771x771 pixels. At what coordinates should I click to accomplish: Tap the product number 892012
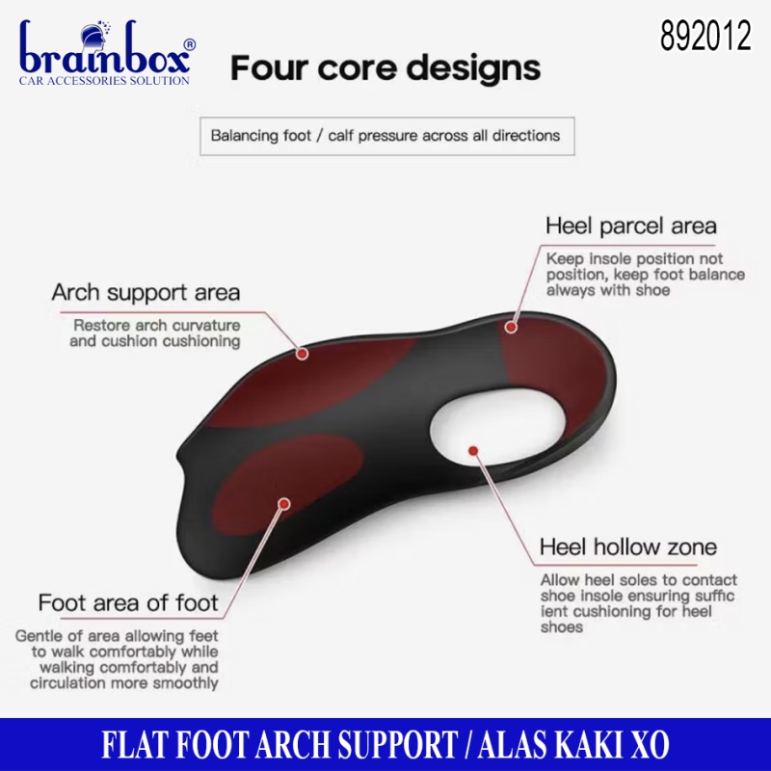705,36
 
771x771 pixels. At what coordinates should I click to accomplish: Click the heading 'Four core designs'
385,67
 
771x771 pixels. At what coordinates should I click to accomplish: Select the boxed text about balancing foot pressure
387,136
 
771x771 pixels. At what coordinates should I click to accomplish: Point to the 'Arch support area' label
146,292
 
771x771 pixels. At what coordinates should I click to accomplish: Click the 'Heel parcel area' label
631,226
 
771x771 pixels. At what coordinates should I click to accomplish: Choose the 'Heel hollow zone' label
628,546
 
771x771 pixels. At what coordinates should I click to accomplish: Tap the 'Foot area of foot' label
128,603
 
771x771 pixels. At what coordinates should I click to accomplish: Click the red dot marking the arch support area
303,354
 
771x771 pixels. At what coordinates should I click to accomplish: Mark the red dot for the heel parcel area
512,327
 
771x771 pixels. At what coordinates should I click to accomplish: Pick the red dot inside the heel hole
473,450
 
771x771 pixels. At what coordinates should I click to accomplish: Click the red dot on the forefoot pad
284,503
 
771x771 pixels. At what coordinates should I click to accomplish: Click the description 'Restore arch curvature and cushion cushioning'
155,332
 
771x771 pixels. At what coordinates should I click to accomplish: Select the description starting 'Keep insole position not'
645,275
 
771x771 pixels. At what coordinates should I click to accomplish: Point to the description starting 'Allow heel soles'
638,603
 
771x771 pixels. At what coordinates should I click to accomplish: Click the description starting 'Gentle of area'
117,659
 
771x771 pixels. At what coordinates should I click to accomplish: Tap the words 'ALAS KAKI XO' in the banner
573,744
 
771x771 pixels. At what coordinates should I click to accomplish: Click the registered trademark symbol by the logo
189,44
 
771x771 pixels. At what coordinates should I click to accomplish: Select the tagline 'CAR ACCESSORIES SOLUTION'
104,81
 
